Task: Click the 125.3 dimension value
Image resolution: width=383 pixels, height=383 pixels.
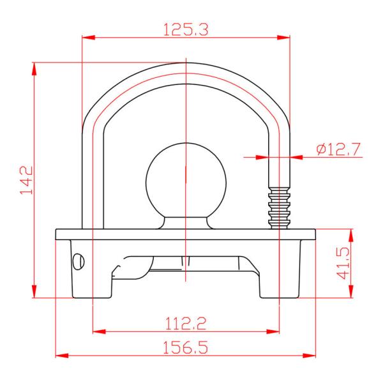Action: pos(186,29)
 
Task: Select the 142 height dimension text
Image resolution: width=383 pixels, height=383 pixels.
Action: pos(26,180)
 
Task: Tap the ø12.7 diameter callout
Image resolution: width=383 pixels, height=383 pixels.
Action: pos(338,149)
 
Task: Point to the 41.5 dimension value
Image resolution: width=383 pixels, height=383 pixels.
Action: pos(343,263)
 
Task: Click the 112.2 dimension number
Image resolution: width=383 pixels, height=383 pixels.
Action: pos(186,324)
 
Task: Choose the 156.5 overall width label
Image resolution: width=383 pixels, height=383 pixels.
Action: pos(185,347)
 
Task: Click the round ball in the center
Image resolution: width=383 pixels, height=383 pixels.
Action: pos(186,181)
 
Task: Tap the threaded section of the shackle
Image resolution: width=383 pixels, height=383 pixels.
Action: pos(279,207)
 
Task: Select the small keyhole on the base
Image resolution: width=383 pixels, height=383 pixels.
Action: pos(79,262)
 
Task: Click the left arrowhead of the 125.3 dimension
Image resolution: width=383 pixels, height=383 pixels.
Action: pos(89,38)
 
